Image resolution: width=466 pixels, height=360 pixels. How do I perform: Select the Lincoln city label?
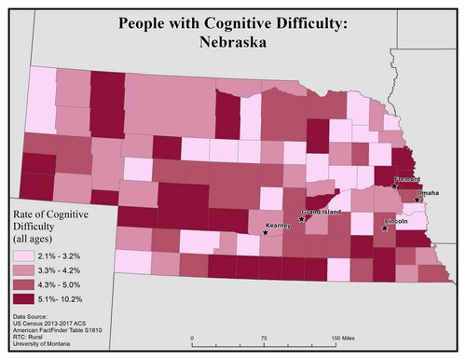coord(395,221)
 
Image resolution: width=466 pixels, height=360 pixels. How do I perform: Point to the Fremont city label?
coord(408,178)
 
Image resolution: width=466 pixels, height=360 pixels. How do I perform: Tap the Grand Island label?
coord(321,213)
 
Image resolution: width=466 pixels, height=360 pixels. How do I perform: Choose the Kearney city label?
coord(278,225)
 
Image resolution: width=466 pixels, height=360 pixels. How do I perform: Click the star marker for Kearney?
coord(266,231)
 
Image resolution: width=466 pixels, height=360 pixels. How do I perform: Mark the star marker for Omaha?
coord(418,198)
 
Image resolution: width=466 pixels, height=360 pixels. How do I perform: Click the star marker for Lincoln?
coord(384,227)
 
